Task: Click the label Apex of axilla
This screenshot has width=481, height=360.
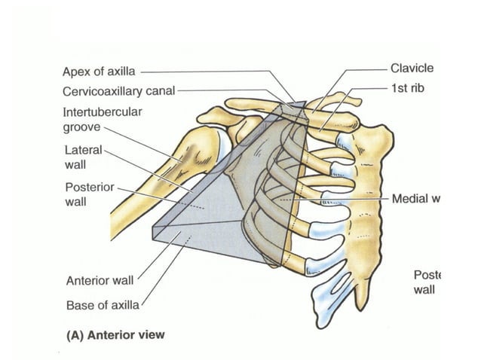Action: (x=99, y=73)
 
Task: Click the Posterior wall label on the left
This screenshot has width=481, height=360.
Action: (x=88, y=193)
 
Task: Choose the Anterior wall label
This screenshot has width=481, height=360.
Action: (x=100, y=281)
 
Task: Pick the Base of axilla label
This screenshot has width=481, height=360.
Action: (x=103, y=306)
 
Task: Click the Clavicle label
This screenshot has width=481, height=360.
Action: (x=412, y=69)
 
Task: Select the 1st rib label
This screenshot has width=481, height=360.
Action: (x=408, y=89)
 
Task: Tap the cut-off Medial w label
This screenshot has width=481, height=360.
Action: (x=415, y=199)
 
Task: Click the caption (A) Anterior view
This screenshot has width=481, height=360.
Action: (x=113, y=334)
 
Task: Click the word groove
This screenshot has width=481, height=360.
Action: (x=81, y=127)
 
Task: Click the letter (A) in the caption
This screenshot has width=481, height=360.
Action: (x=71, y=334)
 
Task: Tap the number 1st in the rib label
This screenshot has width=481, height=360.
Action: (x=399, y=89)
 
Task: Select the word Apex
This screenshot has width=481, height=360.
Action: (x=75, y=73)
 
